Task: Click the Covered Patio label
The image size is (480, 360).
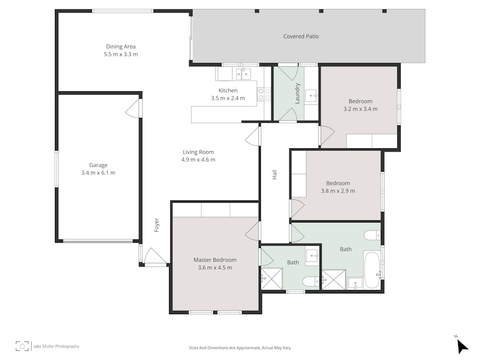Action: (x=301, y=36)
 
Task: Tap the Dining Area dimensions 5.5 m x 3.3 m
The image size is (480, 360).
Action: (x=121, y=54)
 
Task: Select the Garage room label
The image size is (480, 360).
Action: (x=98, y=165)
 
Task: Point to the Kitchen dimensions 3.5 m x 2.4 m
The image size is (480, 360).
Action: (x=228, y=98)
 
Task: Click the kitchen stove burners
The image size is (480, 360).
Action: (x=264, y=94)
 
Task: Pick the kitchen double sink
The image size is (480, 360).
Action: (x=243, y=74)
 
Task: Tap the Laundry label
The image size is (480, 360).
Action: (x=298, y=93)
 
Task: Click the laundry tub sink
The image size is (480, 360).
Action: (x=311, y=97)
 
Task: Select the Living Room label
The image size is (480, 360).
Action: (x=198, y=152)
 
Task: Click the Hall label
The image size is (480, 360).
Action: (x=275, y=174)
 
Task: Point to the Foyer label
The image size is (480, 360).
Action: (x=157, y=224)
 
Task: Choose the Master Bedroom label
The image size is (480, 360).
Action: (x=214, y=260)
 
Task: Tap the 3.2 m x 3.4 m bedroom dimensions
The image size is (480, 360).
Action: (x=360, y=109)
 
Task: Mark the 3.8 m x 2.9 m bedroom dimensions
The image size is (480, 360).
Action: (x=338, y=191)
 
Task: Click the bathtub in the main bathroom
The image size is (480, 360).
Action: (x=372, y=270)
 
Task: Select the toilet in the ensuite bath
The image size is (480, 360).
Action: (x=310, y=281)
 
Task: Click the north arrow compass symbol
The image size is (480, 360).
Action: (x=461, y=346)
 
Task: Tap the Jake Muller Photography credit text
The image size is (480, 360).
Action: (x=56, y=346)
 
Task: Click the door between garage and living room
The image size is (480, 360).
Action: (x=133, y=108)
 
